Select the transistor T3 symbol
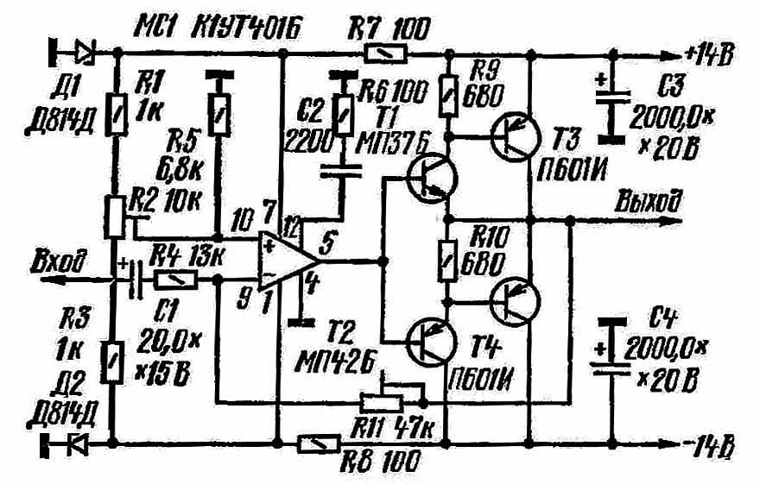pyautogui.click(x=516, y=135)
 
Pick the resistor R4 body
pyautogui.click(x=177, y=279)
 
